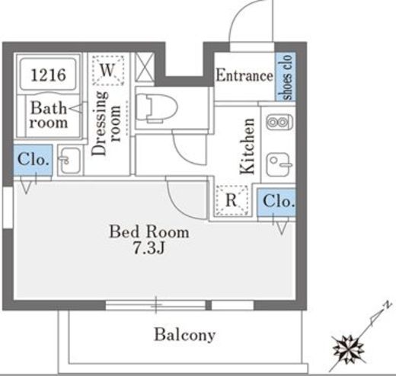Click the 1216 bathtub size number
[48, 75]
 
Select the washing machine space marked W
[108, 70]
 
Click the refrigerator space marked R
[232, 200]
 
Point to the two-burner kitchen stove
[279, 123]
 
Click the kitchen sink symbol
[279, 164]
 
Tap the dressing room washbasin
[70, 161]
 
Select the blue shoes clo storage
[286, 77]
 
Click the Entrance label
[244, 75]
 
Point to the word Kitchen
[247, 146]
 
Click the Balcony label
[185, 335]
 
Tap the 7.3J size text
[149, 248]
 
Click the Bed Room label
[149, 231]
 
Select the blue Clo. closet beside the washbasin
[33, 160]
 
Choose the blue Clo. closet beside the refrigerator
[276, 202]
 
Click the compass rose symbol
[349, 349]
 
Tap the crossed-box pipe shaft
[145, 68]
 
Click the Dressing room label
[106, 123]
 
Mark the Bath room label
[49, 115]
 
